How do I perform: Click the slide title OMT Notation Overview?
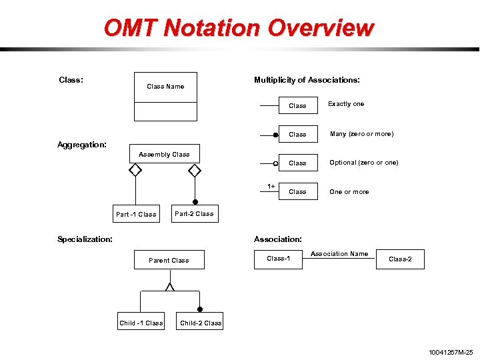[239, 27]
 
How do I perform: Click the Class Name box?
[165, 87]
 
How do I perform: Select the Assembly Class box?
[164, 154]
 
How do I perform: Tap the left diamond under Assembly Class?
[135, 170]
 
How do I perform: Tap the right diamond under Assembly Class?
[194, 170]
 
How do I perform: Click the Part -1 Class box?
[136, 214]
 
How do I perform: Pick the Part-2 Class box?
[194, 214]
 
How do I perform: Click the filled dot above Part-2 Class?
[195, 201]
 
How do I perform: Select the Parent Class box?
[169, 260]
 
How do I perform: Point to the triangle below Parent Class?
[170, 287]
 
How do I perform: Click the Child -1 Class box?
[141, 323]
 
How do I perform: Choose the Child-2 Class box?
[201, 323]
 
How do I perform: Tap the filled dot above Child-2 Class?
[200, 309]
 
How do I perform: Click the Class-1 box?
[279, 259]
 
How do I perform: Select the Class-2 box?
[400, 259]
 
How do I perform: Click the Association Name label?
[339, 253]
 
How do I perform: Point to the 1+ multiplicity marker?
[271, 186]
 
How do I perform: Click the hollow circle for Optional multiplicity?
[275, 163]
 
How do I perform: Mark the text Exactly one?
[346, 104]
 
